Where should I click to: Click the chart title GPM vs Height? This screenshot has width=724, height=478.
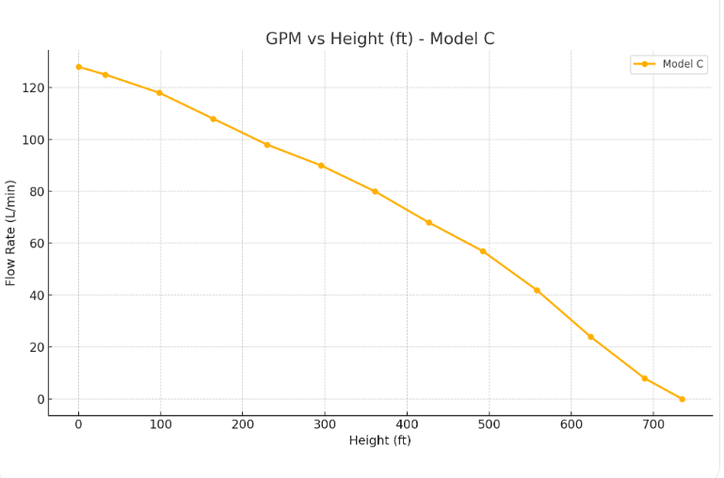click(379, 39)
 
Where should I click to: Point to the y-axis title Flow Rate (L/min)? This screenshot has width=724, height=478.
click(11, 232)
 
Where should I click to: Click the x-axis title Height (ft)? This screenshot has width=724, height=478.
click(379, 440)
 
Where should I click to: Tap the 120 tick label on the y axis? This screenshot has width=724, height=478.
click(34, 88)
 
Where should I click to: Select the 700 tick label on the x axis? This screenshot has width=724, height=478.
click(652, 424)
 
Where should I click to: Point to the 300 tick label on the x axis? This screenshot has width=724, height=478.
click(324, 424)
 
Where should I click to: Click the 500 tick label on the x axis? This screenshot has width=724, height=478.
click(489, 424)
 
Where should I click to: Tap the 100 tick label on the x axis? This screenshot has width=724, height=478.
click(160, 424)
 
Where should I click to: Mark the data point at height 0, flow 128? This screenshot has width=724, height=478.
click(78, 67)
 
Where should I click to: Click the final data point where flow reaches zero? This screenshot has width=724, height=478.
click(682, 399)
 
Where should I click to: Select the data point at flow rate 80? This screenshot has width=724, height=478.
click(375, 191)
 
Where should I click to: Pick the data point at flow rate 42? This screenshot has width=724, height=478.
click(537, 290)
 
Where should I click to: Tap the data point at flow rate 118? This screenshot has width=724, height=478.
click(159, 92)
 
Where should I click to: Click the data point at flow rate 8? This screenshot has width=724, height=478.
click(645, 378)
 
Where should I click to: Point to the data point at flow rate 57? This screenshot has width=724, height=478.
click(483, 251)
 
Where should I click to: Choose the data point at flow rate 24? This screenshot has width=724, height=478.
click(590, 337)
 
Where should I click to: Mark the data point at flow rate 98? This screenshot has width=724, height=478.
click(266, 145)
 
